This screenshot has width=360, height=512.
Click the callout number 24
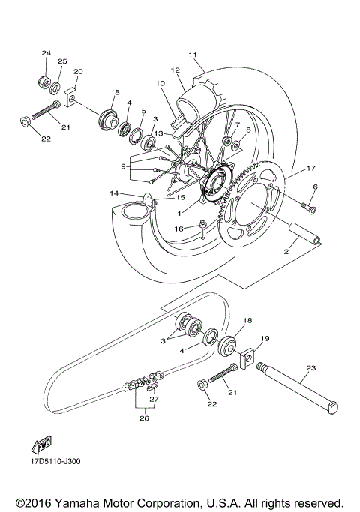coord(45,53)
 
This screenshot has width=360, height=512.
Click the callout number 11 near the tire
coord(193,55)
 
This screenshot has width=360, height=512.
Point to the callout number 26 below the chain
coord(144,418)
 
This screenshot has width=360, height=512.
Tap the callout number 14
coord(113,193)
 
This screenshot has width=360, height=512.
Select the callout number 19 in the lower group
coord(264,338)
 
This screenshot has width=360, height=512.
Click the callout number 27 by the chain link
coord(154,400)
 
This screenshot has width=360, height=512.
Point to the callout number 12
coord(176,70)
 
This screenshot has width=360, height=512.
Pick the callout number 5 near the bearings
coord(144,112)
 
